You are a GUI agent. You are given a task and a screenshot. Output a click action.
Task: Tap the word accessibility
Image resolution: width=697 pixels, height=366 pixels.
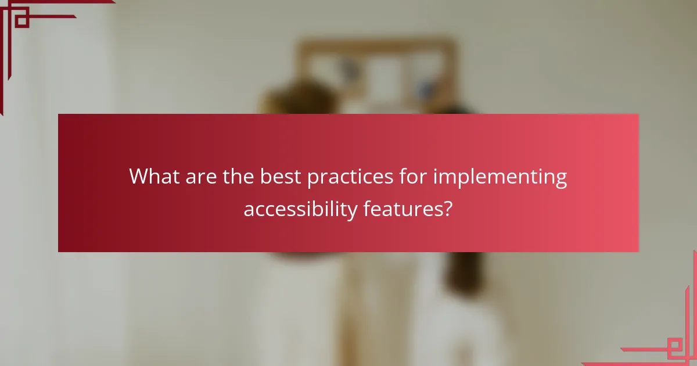point(300,209)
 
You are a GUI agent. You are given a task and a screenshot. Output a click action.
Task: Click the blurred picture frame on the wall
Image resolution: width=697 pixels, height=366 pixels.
point(378,73)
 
